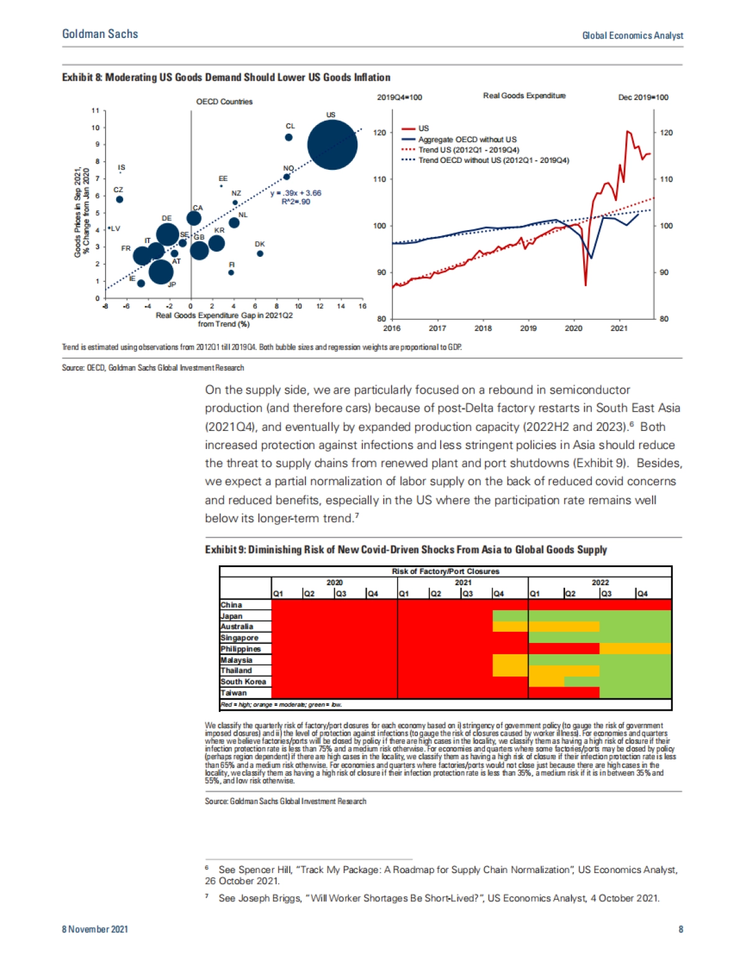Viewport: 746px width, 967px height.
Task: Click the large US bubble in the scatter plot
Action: (x=332, y=145)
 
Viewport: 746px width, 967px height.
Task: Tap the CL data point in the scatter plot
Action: (x=288, y=137)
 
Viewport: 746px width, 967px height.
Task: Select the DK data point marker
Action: (x=260, y=253)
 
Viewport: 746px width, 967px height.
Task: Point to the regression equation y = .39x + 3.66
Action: (x=296, y=193)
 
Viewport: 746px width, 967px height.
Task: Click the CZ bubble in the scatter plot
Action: (x=119, y=200)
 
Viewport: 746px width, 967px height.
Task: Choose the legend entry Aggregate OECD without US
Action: (x=466, y=139)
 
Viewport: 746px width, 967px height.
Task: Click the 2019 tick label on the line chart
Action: (x=528, y=328)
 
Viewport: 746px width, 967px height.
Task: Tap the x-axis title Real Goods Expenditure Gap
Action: (x=224, y=315)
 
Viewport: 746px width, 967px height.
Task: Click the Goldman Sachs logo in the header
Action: (x=100, y=34)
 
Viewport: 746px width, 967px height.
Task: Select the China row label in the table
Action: (x=231, y=604)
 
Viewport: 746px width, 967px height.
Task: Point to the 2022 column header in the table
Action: (x=600, y=583)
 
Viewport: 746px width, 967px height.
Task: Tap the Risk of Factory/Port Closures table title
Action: (x=445, y=571)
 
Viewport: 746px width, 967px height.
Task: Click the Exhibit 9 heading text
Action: (x=405, y=550)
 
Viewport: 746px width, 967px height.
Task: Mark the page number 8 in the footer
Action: (x=681, y=929)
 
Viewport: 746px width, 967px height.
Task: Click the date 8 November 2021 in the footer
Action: (x=95, y=929)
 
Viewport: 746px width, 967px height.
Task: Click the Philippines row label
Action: (x=241, y=649)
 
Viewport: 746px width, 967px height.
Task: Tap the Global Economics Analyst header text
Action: (x=632, y=35)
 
